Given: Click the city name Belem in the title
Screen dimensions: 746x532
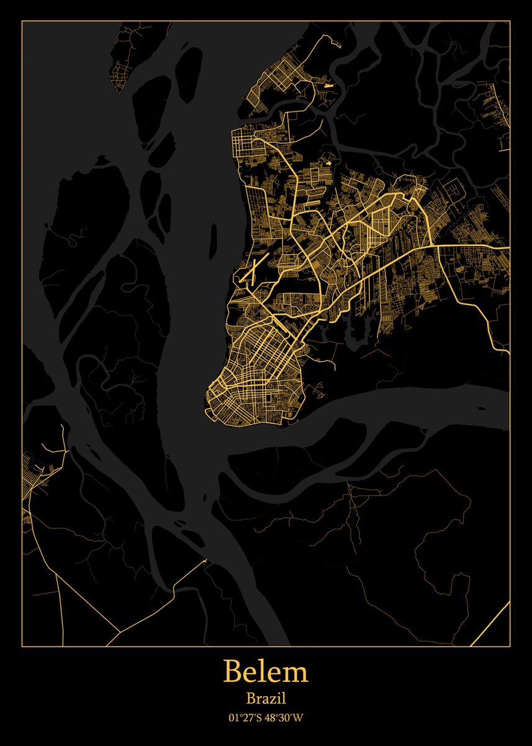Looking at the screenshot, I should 266,672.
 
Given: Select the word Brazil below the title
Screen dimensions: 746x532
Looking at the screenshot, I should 266,699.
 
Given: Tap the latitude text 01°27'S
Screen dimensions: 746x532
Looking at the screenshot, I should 244,718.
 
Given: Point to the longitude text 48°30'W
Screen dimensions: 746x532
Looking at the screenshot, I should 286,718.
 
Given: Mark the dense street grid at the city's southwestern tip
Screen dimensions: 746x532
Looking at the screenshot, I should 227,398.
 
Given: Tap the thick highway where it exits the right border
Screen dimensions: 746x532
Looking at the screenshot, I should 505,247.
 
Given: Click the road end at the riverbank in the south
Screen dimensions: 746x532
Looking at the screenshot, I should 205,561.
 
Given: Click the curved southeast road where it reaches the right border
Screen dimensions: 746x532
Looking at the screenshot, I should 506,352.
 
